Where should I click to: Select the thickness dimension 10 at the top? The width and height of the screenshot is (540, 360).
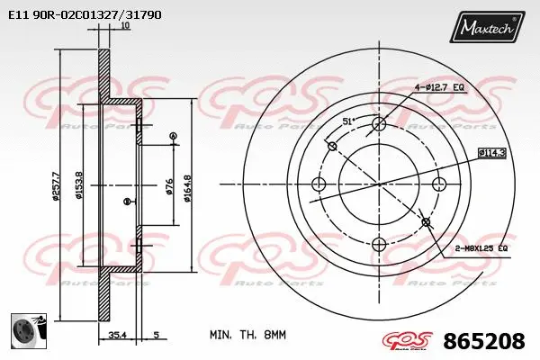pos(125,26)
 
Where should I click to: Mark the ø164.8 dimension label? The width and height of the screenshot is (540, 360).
pos(187,186)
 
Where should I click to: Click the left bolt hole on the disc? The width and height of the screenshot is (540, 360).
pos(317,184)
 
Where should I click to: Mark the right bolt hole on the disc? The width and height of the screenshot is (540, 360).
pos(439,184)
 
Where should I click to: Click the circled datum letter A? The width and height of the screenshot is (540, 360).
pos(173,136)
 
